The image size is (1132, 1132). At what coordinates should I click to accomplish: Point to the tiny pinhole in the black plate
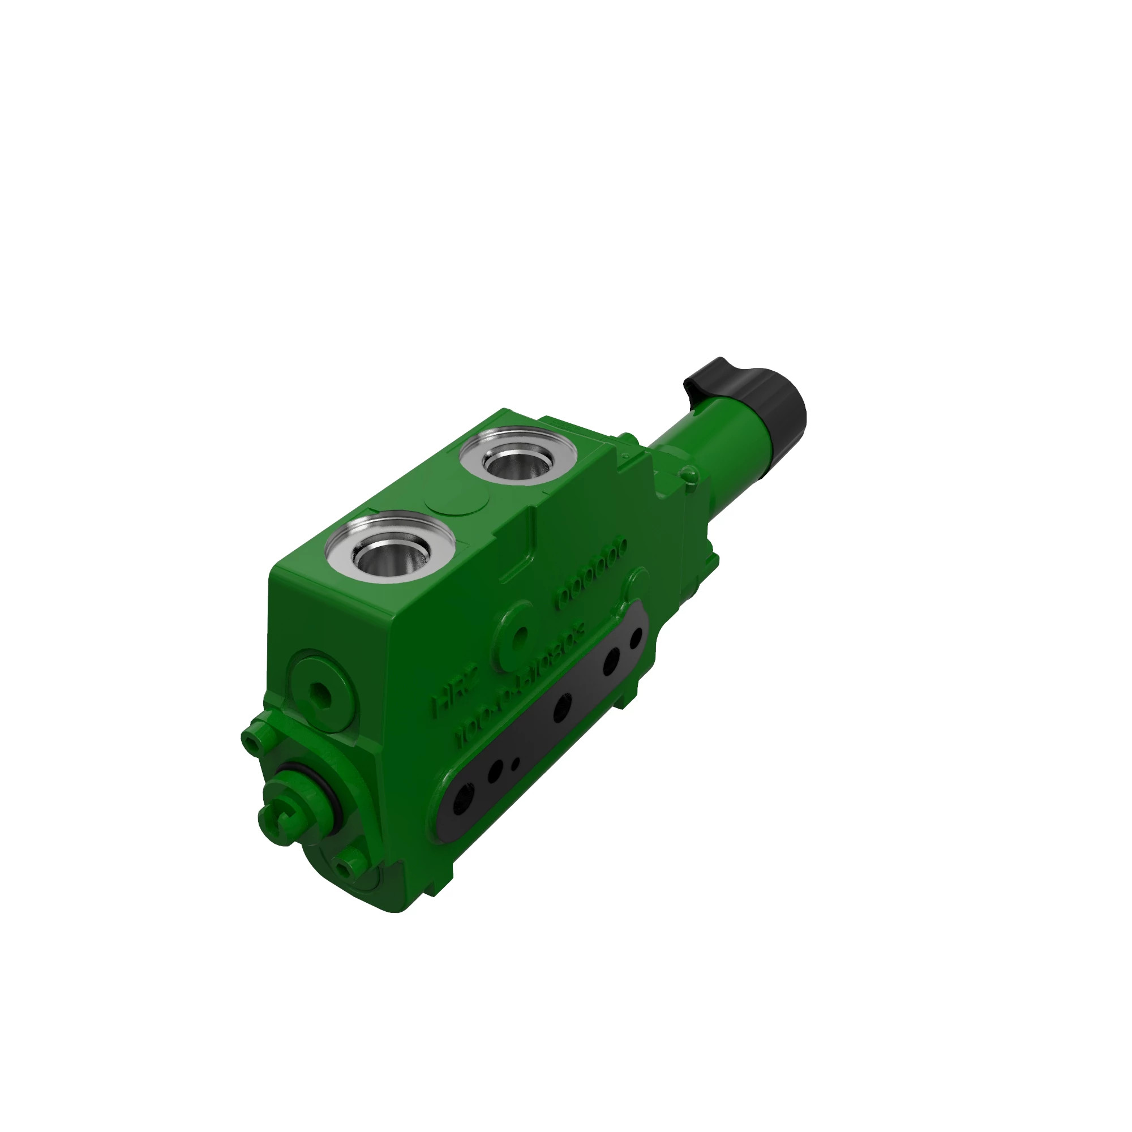[x=516, y=764]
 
